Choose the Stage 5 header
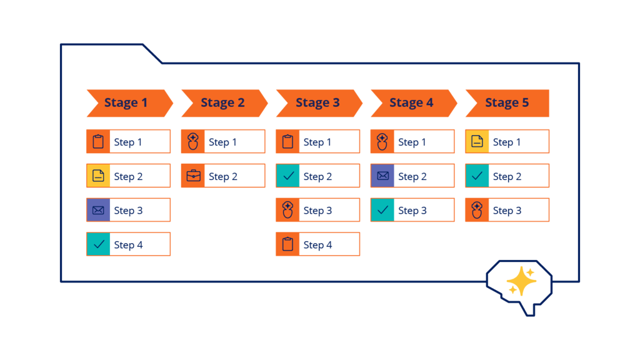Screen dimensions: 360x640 click(507, 103)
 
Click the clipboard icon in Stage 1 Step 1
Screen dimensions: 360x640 click(98, 142)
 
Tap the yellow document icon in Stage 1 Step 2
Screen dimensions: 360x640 click(98, 176)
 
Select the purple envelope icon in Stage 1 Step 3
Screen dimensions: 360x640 click(98, 211)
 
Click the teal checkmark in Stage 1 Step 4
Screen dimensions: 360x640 click(98, 244)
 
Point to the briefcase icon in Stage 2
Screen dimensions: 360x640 click(193, 176)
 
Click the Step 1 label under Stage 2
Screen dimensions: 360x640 click(222, 142)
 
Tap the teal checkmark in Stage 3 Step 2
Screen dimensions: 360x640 click(288, 176)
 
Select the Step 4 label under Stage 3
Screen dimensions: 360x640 click(317, 245)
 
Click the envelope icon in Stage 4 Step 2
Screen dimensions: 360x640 click(382, 176)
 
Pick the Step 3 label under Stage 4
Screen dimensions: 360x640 click(412, 211)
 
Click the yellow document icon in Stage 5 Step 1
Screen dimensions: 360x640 click(477, 142)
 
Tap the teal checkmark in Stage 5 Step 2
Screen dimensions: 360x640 click(477, 176)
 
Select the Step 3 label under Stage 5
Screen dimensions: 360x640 click(507, 211)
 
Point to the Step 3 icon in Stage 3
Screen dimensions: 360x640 click(288, 211)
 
